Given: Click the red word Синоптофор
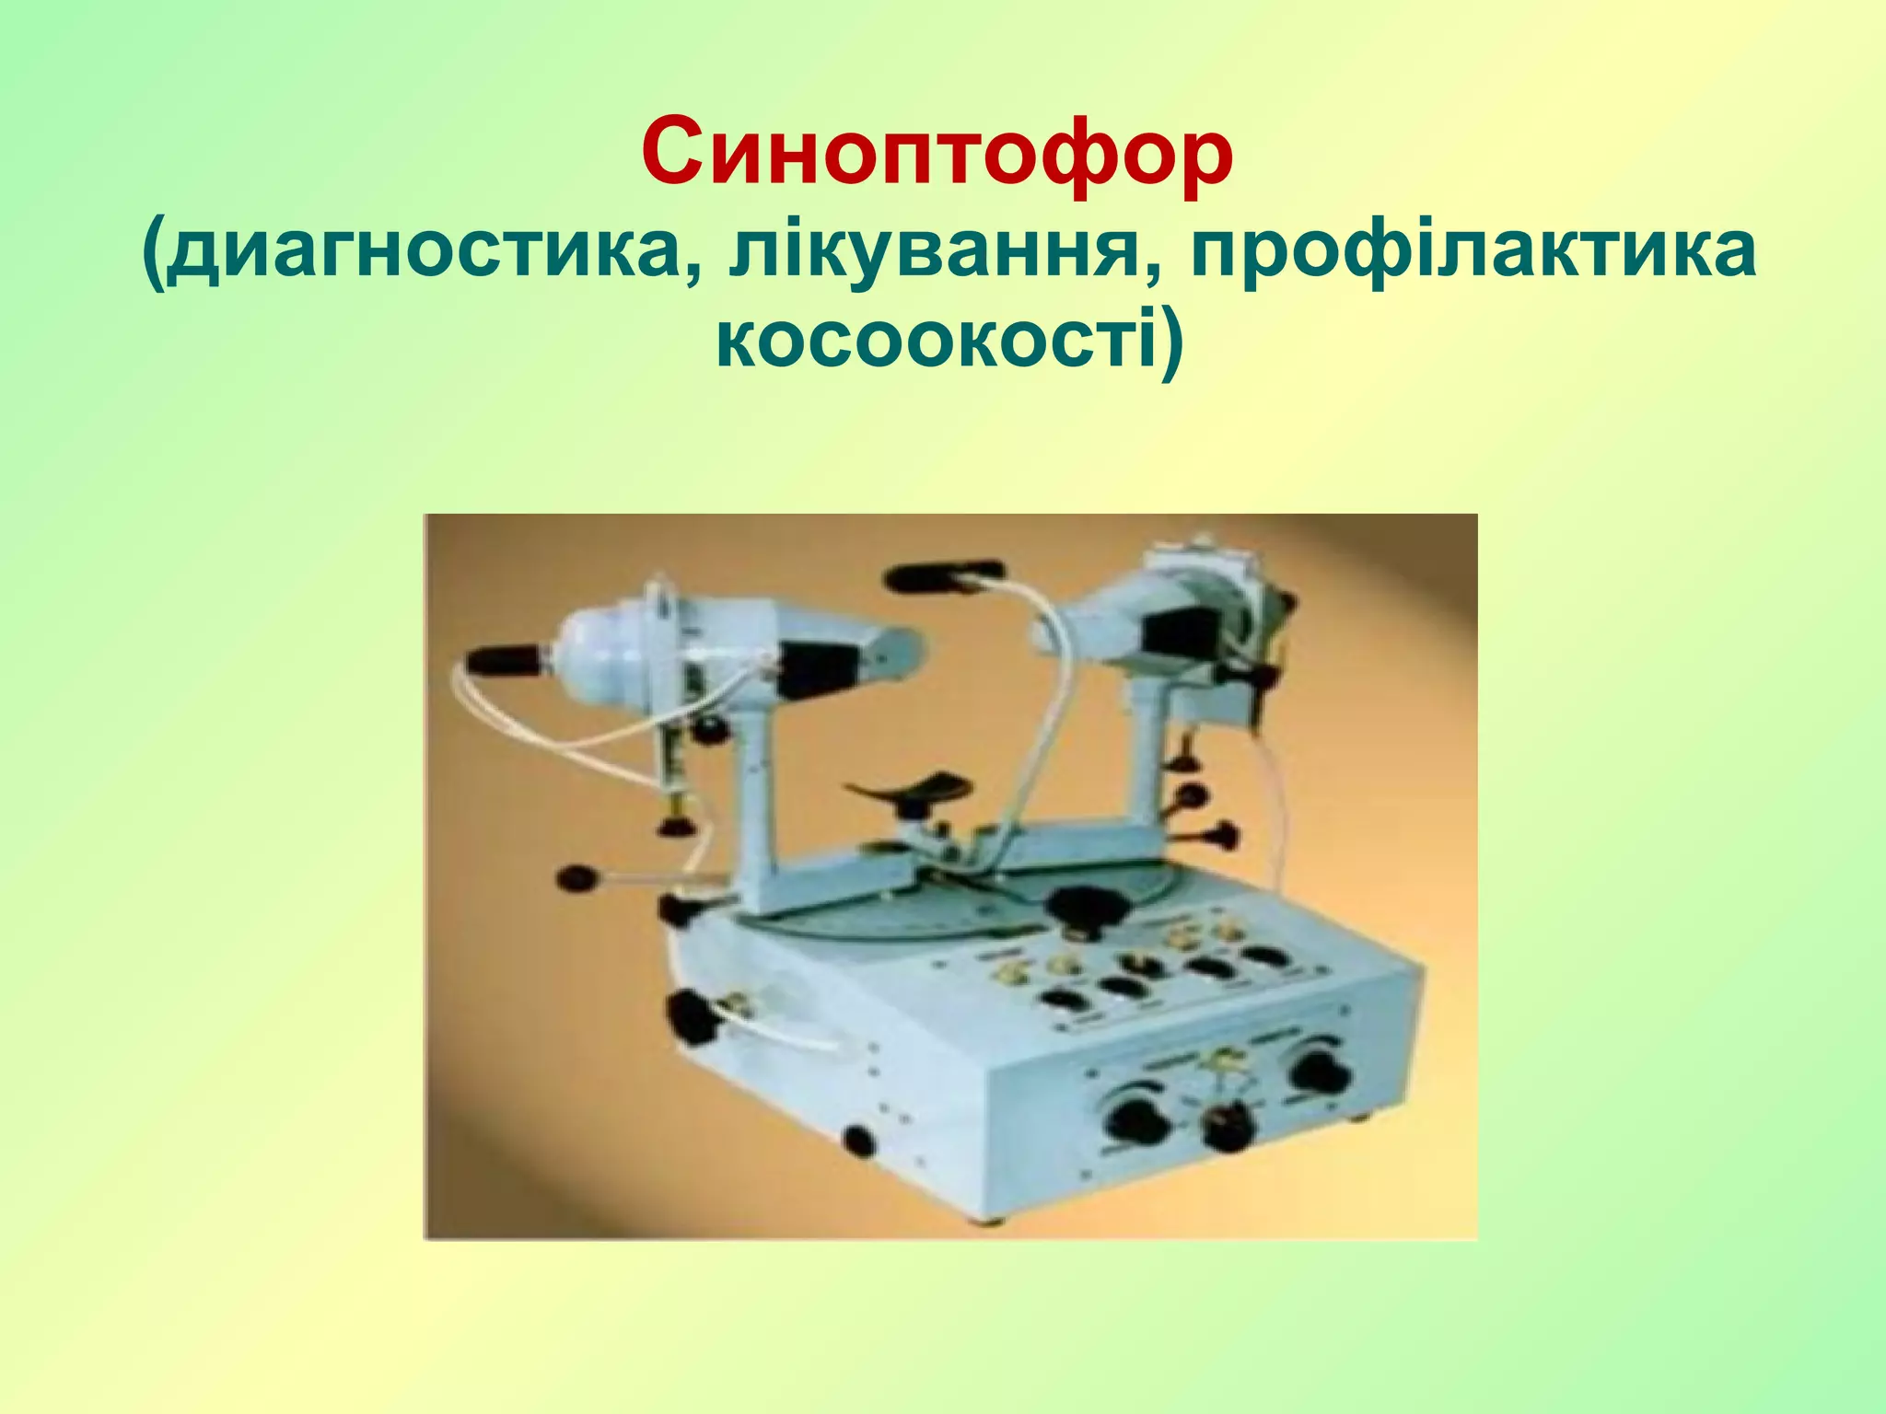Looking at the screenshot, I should (x=937, y=153).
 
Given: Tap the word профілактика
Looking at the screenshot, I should (x=1473, y=252).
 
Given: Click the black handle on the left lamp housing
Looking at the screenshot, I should (x=506, y=659).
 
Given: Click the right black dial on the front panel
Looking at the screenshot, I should (x=1319, y=1072).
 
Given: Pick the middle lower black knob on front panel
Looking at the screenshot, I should (x=1228, y=1129).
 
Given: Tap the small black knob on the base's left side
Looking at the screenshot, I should (x=858, y=1141).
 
